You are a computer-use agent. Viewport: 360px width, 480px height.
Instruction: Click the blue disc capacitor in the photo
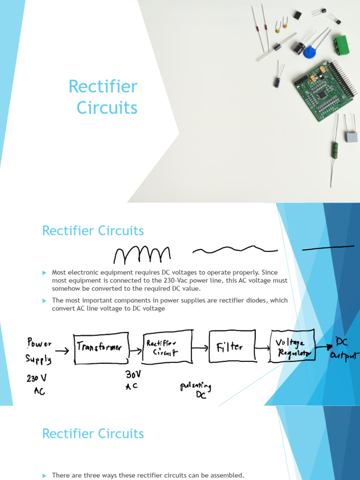click(309, 52)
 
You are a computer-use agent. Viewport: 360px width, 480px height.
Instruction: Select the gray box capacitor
click(351, 136)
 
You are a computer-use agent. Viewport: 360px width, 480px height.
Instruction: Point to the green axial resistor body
click(335, 150)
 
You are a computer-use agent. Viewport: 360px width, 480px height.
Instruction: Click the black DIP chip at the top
click(298, 15)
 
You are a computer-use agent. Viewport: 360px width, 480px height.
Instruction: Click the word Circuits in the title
click(107, 108)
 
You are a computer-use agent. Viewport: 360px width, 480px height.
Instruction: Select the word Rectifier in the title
click(103, 87)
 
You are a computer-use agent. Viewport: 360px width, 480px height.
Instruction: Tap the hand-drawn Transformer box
click(100, 348)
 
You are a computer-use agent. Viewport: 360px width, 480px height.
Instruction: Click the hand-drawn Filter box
click(230, 347)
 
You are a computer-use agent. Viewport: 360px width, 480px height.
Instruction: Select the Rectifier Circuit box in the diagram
click(167, 346)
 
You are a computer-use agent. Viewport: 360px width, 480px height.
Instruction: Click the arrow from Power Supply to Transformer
click(62, 349)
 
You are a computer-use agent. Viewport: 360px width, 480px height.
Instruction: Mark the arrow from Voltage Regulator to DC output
click(323, 347)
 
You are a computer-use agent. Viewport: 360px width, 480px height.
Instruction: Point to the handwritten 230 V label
click(36, 378)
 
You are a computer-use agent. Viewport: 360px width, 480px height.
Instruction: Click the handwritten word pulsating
click(196, 387)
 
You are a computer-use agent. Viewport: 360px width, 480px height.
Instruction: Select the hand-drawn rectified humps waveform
click(142, 255)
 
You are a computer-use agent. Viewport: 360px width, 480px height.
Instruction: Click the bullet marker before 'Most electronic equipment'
click(45, 272)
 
